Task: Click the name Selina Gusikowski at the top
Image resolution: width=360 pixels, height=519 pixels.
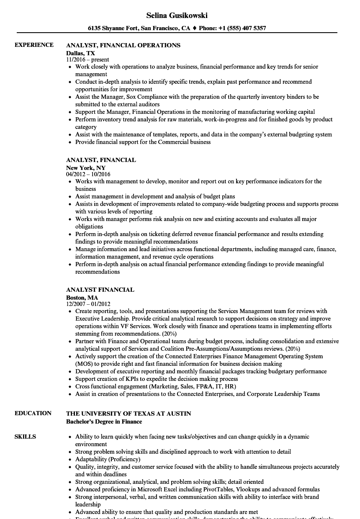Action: pos(177,15)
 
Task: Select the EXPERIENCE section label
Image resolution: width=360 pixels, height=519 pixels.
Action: pos(34,45)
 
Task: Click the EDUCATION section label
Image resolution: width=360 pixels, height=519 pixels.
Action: pos(33,413)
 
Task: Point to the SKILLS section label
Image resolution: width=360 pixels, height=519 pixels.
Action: pos(25,437)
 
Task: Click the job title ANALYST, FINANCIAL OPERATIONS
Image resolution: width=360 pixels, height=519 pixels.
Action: pos(123,45)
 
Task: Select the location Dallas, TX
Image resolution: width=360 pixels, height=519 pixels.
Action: pos(80,53)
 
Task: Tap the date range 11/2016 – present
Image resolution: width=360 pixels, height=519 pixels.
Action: pos(87,60)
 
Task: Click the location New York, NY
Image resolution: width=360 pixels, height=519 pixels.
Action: pos(86,168)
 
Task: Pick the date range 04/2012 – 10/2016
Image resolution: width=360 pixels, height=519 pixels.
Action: pos(88,174)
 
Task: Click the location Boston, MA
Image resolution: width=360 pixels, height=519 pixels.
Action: pos(82,298)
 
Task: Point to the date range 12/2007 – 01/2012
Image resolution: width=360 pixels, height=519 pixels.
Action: pos(88,304)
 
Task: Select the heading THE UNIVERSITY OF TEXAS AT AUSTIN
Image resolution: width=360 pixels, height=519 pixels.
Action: pos(129,414)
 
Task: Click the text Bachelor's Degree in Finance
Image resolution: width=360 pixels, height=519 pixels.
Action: pos(104,421)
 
